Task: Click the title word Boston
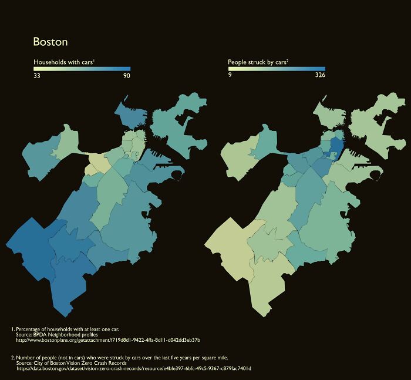(50, 42)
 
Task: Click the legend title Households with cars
(64, 62)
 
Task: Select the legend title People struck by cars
(258, 62)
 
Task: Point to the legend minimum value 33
(36, 76)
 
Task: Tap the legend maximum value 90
(126, 76)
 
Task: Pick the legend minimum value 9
(230, 76)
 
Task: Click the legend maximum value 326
(320, 76)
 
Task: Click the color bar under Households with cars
(82, 69)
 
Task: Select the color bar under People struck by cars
(277, 69)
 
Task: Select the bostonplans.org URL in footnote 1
(108, 340)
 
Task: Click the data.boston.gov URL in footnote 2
(133, 368)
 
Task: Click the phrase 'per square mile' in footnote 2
(210, 357)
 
